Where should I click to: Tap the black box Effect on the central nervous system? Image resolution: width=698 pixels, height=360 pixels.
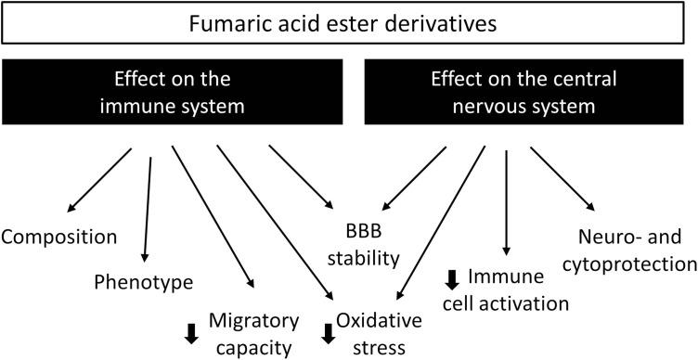(x=526, y=93)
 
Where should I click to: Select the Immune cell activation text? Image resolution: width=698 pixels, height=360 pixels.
(x=505, y=289)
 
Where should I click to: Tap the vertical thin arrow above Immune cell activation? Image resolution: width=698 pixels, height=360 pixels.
(x=507, y=199)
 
